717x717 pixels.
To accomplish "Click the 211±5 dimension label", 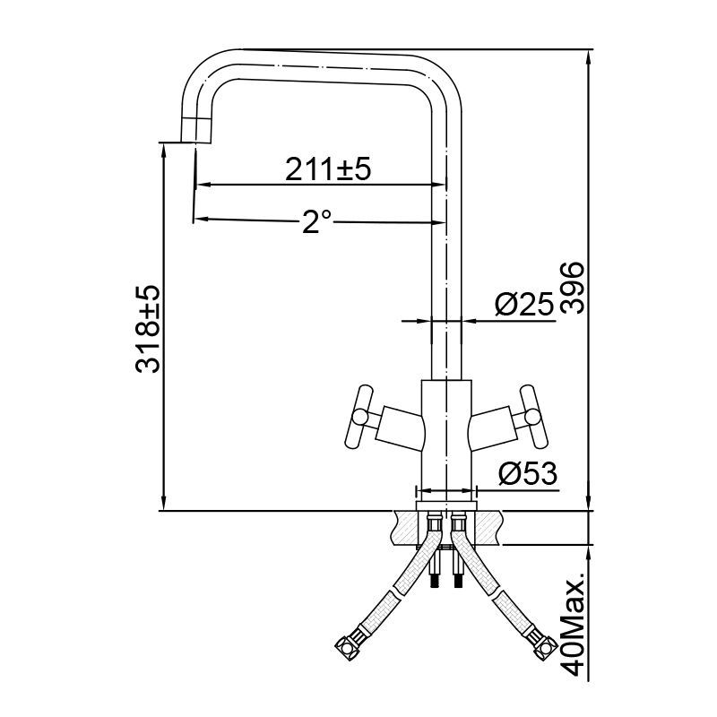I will click(328, 168).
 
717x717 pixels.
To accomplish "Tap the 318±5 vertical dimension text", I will click(149, 329).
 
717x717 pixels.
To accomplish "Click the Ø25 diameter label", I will click(523, 306).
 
